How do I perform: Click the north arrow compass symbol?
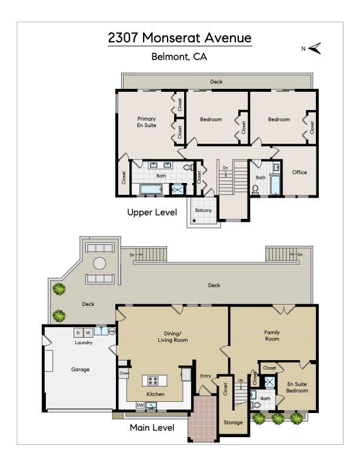coord(315,48)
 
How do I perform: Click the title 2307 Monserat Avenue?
coord(179,38)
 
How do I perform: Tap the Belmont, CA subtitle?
coord(179,56)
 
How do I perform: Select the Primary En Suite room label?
coord(146,122)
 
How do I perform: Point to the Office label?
coord(299,172)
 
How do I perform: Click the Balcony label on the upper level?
coord(204,210)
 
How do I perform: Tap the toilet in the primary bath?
coord(188,167)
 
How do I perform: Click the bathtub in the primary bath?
coord(151,189)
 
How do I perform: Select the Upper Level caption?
coord(152,212)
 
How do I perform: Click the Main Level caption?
coord(152,428)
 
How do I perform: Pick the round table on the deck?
coord(99,264)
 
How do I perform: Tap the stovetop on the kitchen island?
coord(154,381)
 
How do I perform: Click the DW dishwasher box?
coord(140,405)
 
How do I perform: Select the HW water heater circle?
coord(112,331)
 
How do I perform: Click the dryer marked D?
coord(78,332)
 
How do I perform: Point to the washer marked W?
coord(88,332)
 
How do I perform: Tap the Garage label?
coord(80,370)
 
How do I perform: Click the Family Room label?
coord(272,335)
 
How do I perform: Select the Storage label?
coord(233,422)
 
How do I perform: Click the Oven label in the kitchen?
coord(124,373)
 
